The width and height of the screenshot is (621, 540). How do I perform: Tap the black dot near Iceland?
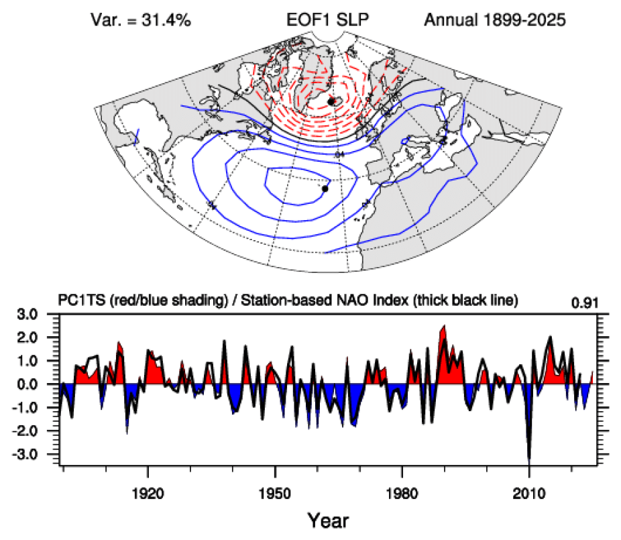331,101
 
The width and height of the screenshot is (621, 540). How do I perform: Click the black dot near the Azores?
325,189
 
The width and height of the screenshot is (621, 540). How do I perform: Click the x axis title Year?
328,519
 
